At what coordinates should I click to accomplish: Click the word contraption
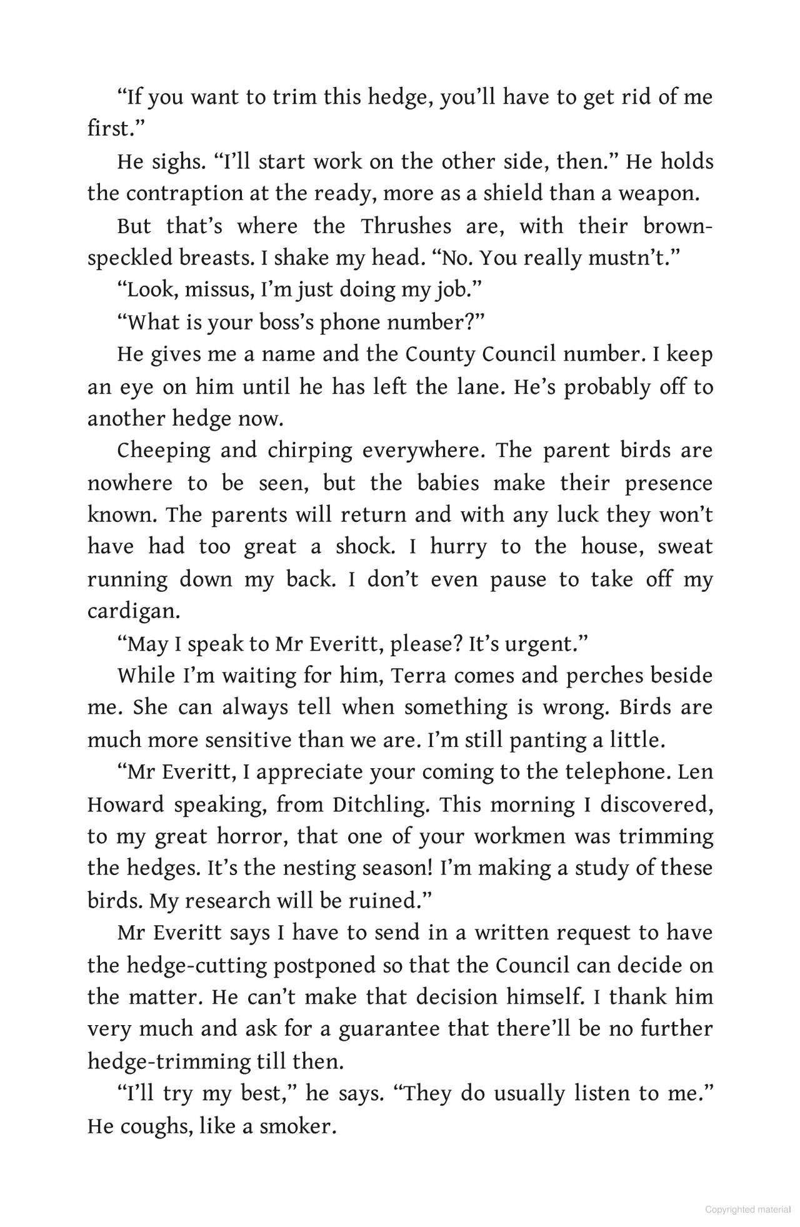184,194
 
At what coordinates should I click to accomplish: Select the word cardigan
133,611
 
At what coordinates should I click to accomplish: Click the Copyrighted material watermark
747,1209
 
